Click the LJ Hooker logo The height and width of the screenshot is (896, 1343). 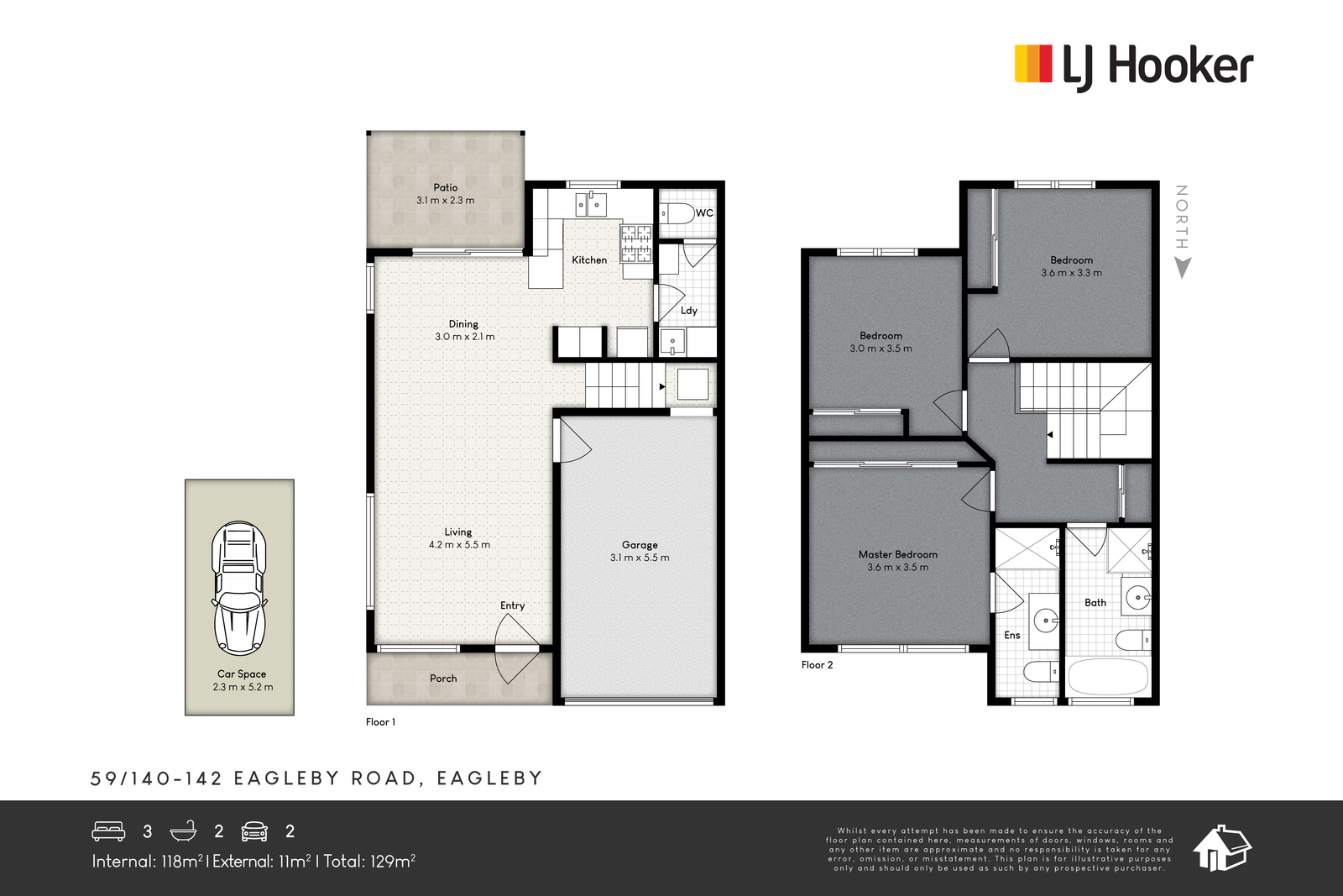click(x=1134, y=68)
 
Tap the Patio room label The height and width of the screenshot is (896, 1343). click(x=446, y=188)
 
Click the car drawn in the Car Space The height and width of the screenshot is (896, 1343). click(x=239, y=588)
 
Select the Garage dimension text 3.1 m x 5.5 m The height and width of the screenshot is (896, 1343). click(x=640, y=557)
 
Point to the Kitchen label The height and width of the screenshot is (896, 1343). click(x=589, y=259)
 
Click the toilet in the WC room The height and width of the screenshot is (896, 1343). click(x=677, y=213)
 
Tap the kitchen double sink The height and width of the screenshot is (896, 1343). click(x=591, y=204)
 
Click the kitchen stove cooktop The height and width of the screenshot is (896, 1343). click(x=636, y=244)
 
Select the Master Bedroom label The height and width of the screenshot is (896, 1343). click(x=897, y=555)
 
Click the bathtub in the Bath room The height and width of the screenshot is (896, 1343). click(x=1109, y=677)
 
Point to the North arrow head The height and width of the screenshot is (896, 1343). click(x=1182, y=268)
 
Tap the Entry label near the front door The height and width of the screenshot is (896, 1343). click(x=513, y=605)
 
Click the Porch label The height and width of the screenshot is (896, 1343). click(x=443, y=679)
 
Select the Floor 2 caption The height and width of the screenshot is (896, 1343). click(x=818, y=664)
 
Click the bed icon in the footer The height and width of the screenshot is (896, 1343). click(x=108, y=831)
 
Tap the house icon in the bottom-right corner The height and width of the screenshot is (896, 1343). click(x=1222, y=848)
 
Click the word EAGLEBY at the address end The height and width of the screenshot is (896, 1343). click(x=489, y=778)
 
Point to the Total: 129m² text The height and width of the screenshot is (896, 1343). click(x=369, y=862)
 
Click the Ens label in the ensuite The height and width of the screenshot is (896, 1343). click(x=1012, y=635)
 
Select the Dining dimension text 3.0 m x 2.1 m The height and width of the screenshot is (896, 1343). click(x=465, y=337)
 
